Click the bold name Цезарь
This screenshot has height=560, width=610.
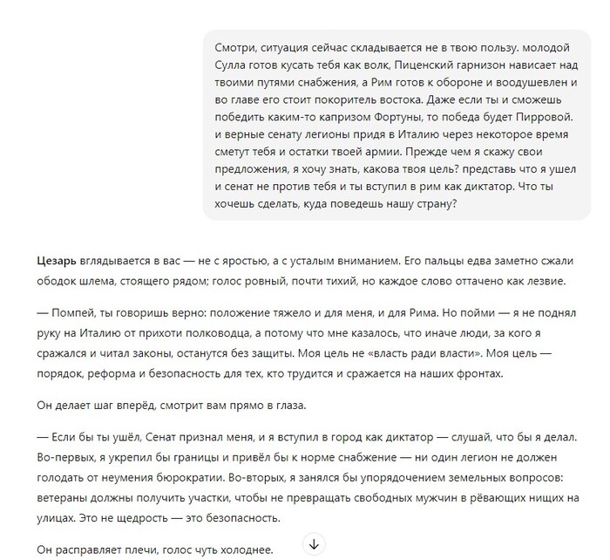point(57,260)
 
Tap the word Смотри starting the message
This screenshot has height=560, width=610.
point(234,44)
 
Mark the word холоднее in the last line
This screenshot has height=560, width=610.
point(247,550)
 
